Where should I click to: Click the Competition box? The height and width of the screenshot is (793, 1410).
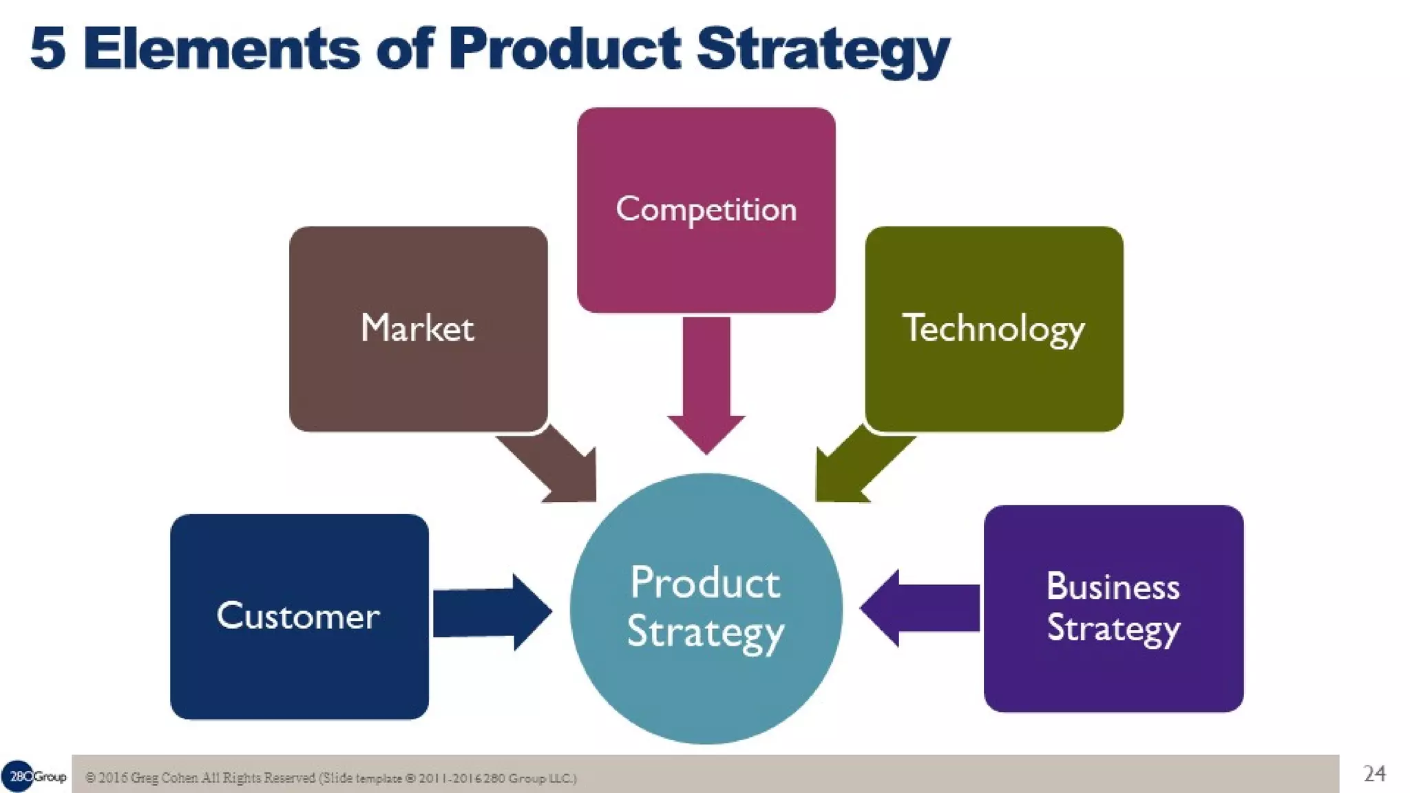[706, 210]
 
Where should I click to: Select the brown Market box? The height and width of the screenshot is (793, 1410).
[418, 328]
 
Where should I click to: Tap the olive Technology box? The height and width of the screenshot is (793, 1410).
[993, 328]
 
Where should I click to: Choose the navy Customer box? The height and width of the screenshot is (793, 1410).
[299, 616]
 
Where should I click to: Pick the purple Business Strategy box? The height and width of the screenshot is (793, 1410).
[1113, 609]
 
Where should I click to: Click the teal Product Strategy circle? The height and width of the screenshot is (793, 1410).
[706, 609]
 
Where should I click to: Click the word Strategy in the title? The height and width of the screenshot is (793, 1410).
[823, 50]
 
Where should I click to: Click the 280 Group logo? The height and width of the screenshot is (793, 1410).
[34, 776]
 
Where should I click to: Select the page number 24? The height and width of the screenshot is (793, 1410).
[1374, 774]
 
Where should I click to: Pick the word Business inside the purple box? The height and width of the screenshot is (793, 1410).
[1113, 587]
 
